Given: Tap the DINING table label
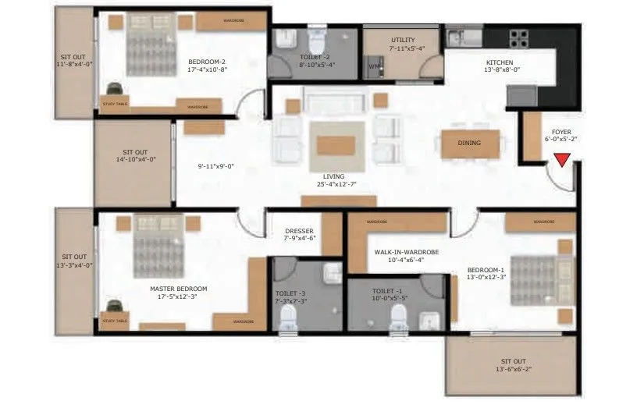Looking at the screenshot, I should pos(469,143).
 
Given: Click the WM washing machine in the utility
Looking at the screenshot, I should pos(374,67).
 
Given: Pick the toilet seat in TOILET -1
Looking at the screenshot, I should pos(399,315).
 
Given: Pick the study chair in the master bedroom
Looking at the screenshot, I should pos(114,307).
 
